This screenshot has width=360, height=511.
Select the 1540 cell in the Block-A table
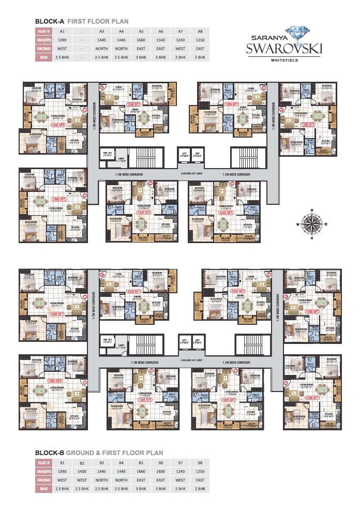coord(160,40)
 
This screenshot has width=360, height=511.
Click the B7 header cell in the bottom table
coord(180,463)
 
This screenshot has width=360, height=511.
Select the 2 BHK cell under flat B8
coord(200,488)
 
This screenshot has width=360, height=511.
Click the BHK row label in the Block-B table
coord(43,488)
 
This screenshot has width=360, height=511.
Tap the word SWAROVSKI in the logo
coord(284,49)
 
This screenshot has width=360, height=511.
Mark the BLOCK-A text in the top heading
coord(49,21)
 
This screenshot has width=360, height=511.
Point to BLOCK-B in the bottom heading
coord(49,453)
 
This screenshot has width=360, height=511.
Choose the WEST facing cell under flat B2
coord(82,480)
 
